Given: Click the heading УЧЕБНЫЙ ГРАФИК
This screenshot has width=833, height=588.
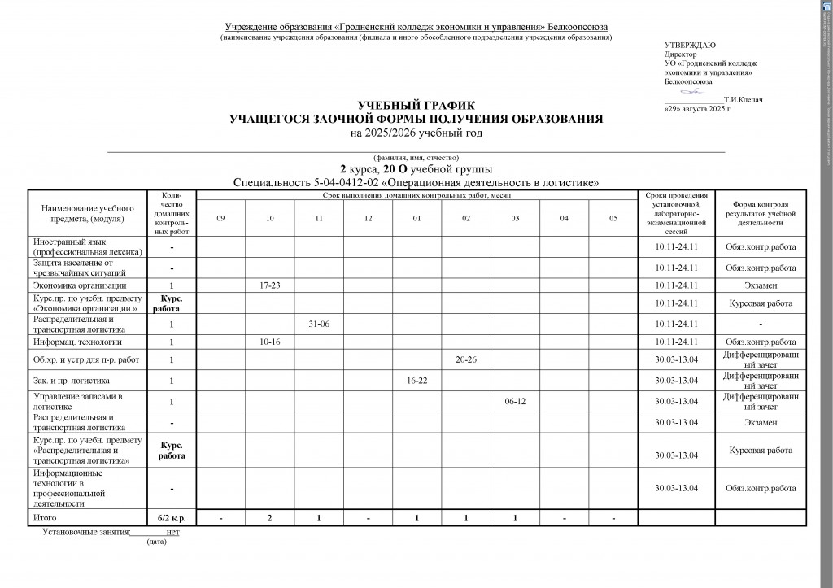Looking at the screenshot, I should tap(416, 107).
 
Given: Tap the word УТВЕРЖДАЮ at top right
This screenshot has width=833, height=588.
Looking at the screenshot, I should tap(691, 45).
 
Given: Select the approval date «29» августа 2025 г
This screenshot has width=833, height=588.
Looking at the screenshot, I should tap(697, 107).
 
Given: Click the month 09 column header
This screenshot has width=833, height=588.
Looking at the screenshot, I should tap(220, 217).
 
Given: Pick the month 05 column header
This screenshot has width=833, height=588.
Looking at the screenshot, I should tap(613, 217).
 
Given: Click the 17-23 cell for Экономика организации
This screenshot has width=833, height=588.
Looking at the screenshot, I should tap(270, 285).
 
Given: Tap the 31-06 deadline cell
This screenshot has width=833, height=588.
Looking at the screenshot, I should tap(319, 324).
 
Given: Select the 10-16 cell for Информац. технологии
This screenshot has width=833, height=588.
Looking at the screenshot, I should tap(270, 342).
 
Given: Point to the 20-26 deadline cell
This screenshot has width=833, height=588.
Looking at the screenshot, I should tap(466, 359).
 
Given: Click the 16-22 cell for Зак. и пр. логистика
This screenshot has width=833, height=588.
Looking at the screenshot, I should tap(417, 380).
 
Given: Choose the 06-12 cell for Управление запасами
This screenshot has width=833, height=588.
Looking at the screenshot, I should tap(516, 402).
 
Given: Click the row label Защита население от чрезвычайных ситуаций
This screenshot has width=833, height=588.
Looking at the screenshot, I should tap(73, 268).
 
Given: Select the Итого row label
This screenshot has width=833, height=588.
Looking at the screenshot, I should tap(45, 517).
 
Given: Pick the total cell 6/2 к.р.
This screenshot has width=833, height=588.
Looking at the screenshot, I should tap(172, 517).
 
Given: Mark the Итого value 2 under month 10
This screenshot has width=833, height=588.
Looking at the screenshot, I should tap(270, 517).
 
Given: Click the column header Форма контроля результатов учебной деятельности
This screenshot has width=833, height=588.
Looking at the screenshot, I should tap(761, 213).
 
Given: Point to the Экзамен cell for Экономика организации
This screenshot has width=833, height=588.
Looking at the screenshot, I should tap(761, 285).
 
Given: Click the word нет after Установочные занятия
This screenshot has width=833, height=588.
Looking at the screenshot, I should tap(172, 532).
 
